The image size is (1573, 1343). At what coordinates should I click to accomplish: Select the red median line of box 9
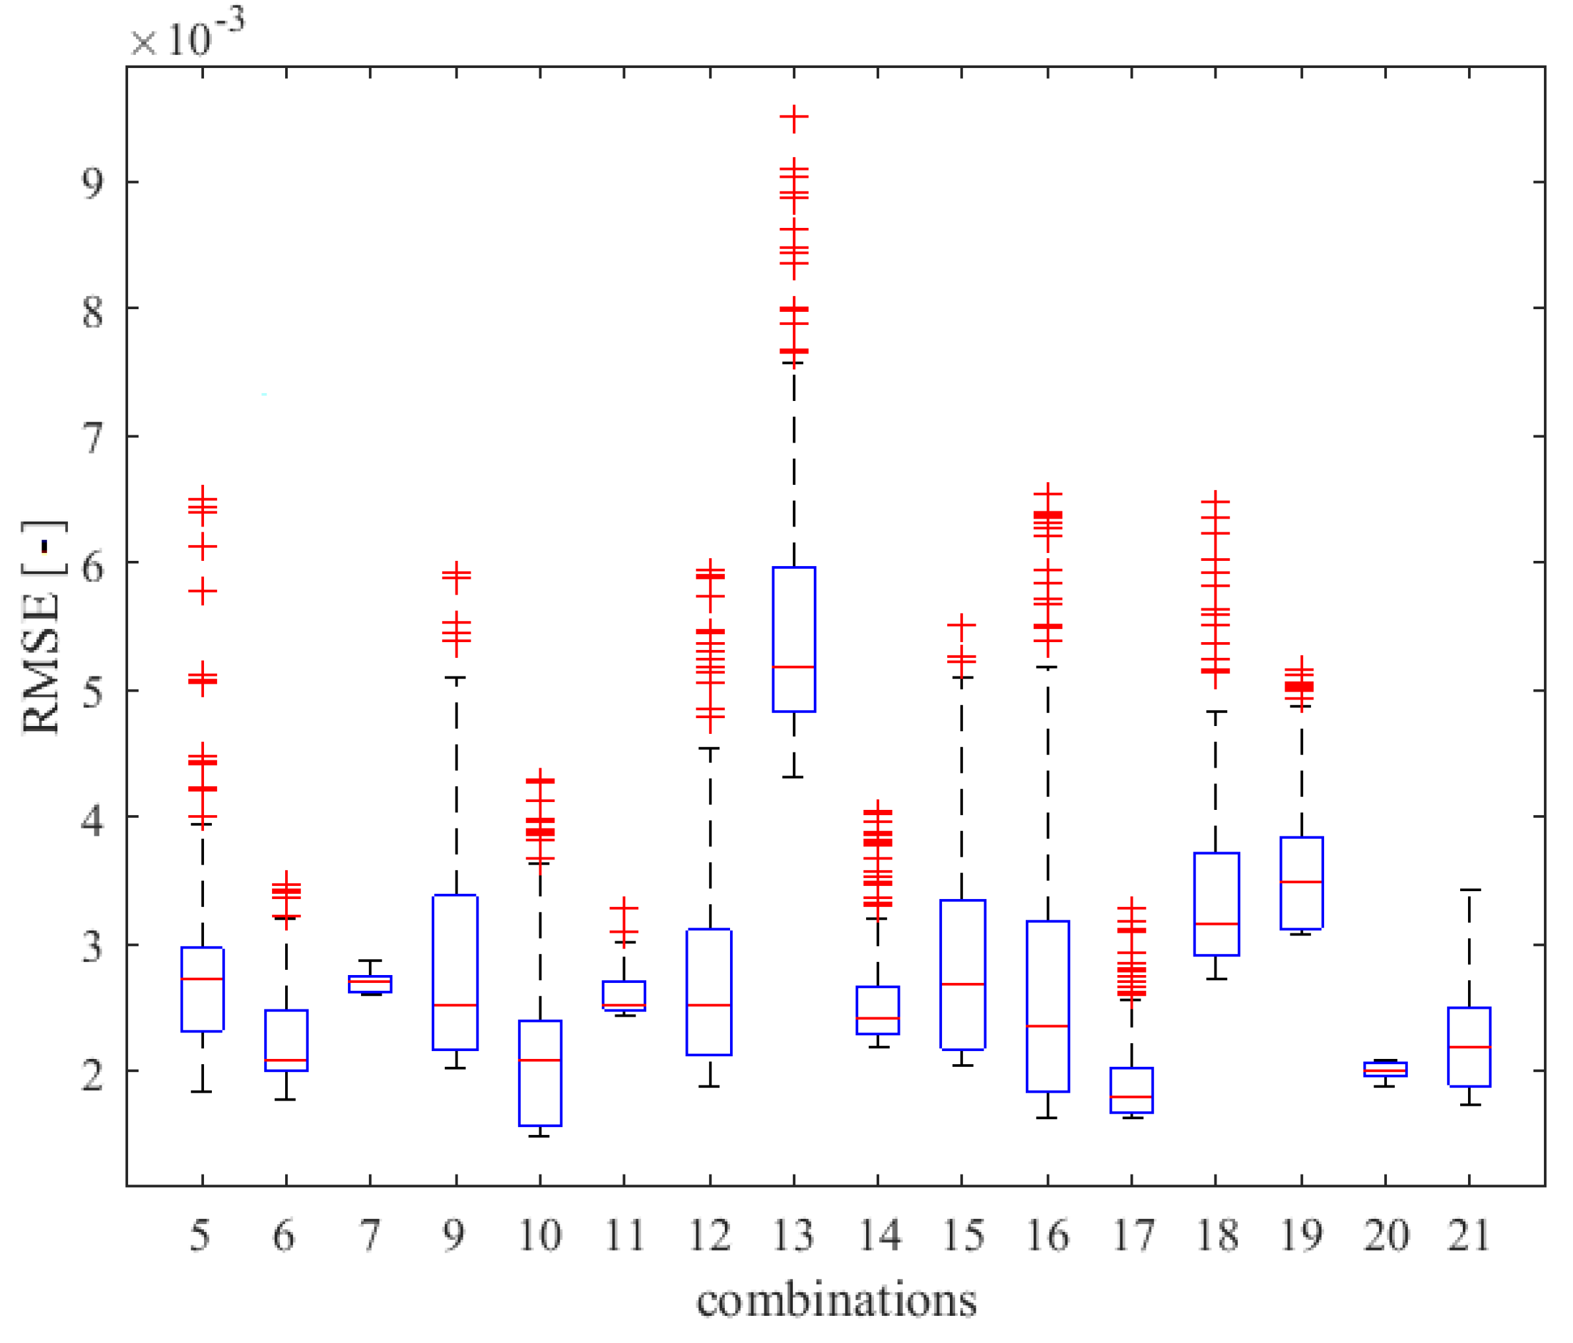click(x=455, y=1005)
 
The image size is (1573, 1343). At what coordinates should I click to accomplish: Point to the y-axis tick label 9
click(x=92, y=183)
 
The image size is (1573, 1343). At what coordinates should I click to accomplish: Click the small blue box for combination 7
click(x=370, y=984)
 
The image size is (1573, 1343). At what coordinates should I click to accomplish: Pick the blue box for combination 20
click(x=1385, y=1069)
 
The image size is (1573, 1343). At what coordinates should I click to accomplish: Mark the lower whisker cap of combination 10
click(x=540, y=1136)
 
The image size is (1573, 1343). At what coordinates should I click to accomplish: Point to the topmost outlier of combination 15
click(x=962, y=624)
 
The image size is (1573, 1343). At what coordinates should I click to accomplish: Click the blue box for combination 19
click(x=1301, y=882)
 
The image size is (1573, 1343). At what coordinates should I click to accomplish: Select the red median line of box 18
click(x=1216, y=924)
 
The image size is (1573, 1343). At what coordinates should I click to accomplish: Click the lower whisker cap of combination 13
click(x=794, y=777)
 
